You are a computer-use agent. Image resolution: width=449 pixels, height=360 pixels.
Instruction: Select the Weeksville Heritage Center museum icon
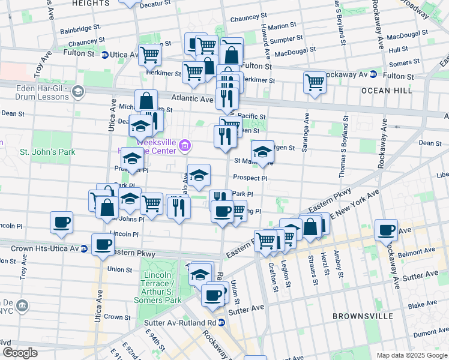(185, 145)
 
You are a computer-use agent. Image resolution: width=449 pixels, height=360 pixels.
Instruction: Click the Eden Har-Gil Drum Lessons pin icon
(77, 91)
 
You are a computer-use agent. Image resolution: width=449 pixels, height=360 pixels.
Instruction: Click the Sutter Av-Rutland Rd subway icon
(221, 323)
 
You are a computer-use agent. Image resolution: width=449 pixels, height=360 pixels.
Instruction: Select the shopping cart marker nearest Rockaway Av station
(315, 82)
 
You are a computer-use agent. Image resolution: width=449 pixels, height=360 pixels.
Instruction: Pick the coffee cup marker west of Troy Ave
(61, 222)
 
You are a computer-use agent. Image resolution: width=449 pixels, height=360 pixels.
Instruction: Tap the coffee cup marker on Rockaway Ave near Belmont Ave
(386, 229)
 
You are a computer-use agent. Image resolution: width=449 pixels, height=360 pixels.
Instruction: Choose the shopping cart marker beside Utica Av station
(149, 55)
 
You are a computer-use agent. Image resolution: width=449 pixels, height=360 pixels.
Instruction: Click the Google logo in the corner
(20, 353)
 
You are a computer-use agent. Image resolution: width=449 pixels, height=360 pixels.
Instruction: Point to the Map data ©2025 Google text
(412, 355)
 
